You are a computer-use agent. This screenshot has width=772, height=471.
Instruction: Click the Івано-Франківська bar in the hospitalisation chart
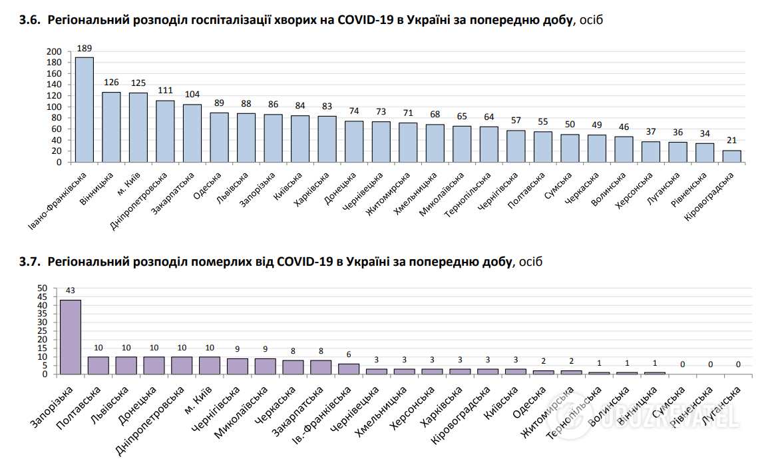tap(85, 109)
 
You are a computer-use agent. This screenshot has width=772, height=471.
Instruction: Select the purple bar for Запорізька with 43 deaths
tap(71, 337)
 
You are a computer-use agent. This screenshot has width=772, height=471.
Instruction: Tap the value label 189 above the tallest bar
tap(85, 48)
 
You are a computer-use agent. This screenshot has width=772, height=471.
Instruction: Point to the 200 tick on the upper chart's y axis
tap(55, 52)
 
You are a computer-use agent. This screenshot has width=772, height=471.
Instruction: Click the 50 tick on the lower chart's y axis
tap(42, 288)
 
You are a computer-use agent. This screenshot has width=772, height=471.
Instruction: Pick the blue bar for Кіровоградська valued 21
tap(731, 156)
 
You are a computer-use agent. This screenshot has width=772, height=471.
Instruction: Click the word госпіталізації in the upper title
tap(230, 21)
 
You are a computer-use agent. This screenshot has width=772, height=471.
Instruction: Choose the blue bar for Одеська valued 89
tap(220, 137)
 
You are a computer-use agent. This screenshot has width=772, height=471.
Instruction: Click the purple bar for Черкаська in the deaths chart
tap(293, 367)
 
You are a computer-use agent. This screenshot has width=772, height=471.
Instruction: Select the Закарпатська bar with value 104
tap(192, 133)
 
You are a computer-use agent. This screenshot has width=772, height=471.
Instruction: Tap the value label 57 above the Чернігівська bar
tap(516, 121)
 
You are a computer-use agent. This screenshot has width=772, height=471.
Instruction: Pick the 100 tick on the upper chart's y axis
tap(55, 107)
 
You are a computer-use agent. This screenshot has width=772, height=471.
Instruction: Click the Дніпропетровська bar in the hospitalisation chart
tap(165, 131)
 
